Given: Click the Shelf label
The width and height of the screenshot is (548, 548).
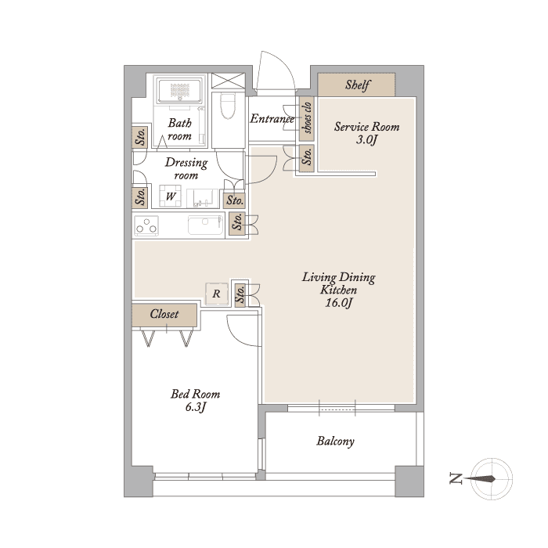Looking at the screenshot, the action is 358,85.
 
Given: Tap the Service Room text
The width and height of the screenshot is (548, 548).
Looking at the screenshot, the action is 366,127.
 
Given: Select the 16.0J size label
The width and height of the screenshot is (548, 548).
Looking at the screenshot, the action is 337,303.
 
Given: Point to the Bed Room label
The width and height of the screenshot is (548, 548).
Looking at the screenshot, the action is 196,395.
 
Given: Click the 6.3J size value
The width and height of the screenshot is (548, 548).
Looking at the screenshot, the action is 196,407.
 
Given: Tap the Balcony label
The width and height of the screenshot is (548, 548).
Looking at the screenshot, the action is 336,441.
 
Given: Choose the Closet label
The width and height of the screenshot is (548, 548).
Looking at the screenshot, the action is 164,314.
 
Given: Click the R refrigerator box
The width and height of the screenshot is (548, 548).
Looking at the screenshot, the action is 217,294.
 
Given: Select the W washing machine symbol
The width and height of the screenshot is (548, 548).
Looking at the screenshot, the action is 170,196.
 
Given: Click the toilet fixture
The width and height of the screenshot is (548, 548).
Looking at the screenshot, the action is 228,106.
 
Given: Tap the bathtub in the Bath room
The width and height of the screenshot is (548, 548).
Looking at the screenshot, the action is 179,91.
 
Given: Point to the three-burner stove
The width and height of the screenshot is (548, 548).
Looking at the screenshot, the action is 146,225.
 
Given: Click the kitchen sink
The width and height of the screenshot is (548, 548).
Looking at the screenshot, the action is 205,225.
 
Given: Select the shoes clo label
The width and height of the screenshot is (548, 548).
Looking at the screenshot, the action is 307,118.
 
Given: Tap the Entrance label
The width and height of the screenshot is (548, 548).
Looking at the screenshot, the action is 272,119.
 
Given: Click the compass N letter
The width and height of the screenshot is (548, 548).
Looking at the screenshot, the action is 456,478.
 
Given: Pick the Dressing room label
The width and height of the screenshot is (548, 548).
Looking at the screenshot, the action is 186,168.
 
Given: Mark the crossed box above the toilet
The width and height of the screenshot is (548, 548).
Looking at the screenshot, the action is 229,81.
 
